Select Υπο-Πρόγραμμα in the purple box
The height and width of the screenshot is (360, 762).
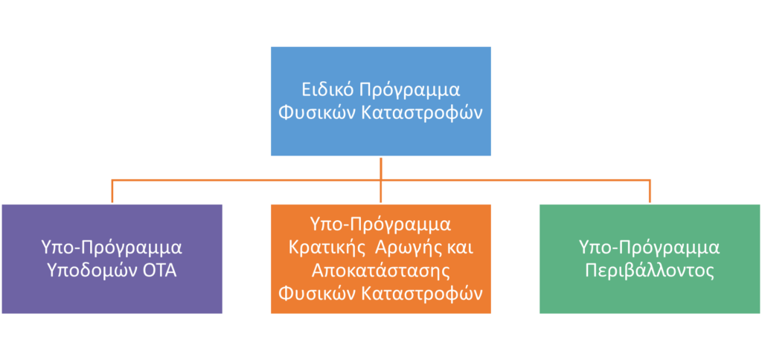pos(112,248)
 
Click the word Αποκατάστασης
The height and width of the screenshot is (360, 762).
pos(380,271)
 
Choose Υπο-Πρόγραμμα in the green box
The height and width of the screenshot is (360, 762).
pos(650,248)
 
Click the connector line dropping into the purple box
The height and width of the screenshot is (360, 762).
pos(112,191)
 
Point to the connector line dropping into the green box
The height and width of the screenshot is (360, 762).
pos(650,191)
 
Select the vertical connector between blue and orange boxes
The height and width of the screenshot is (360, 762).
pos(381,180)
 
